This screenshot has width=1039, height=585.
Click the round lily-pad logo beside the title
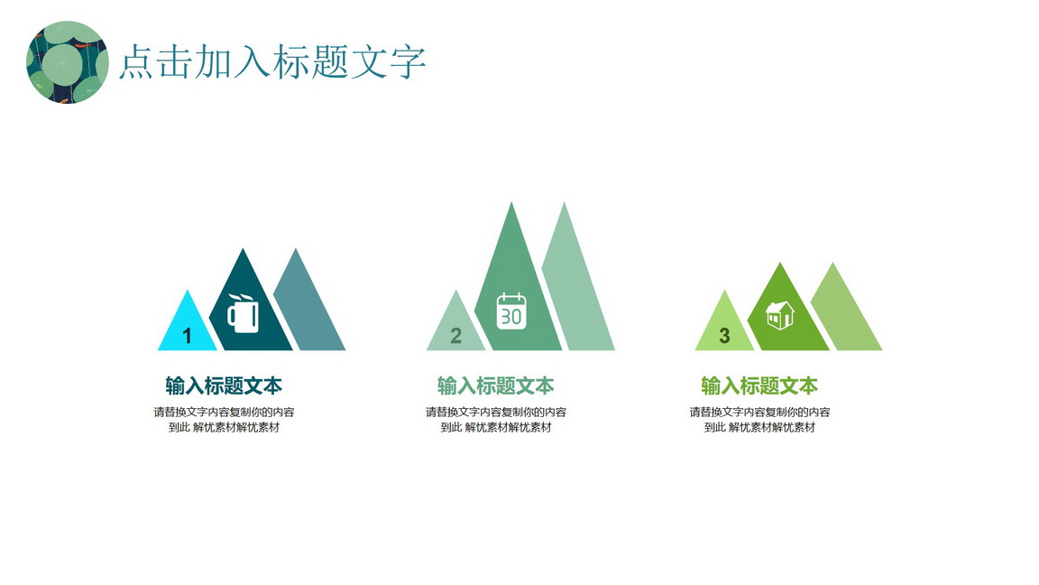67,62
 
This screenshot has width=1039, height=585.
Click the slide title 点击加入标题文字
272,62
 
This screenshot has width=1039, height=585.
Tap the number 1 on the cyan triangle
187,336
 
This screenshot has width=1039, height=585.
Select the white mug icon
244,313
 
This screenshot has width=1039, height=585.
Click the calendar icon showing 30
511,311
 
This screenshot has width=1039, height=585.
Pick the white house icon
780,315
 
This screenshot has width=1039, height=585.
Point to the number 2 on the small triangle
455,336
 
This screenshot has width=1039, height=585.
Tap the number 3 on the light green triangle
724,336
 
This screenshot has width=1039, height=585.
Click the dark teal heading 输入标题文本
224,385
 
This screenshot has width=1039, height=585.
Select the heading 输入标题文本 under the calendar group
496,385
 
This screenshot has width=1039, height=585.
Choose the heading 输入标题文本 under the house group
759,385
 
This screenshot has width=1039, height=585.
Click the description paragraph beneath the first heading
224,420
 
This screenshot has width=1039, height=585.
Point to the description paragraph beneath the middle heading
496,420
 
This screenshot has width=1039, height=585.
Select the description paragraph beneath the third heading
759,420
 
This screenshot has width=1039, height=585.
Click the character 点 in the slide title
137,63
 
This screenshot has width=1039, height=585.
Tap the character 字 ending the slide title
407,63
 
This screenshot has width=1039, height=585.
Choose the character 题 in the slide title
330,63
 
